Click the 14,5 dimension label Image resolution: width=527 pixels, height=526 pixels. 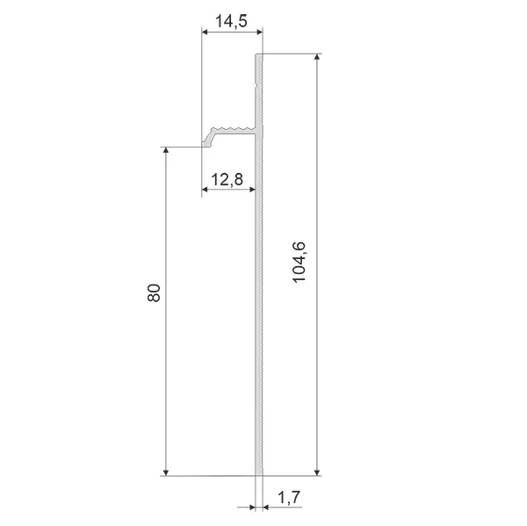click(231, 21)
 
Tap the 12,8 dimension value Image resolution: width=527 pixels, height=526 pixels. click(227, 179)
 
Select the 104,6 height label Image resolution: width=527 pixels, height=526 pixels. click(299, 263)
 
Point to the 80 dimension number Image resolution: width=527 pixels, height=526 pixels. click(154, 292)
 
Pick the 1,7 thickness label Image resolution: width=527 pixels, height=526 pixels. click(289, 497)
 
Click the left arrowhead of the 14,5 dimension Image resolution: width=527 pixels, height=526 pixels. click(205, 32)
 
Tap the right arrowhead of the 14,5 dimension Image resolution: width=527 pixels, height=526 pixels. click(259, 32)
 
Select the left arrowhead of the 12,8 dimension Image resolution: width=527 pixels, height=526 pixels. click(205, 190)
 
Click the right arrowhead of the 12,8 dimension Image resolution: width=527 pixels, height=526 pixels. click(252, 190)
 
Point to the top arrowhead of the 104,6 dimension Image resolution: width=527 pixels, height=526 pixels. click(317, 57)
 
